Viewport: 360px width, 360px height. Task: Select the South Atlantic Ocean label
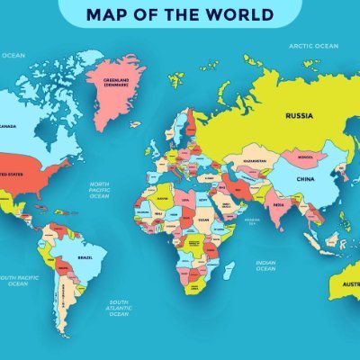(120, 308)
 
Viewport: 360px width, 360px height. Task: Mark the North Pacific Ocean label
(99, 190)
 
